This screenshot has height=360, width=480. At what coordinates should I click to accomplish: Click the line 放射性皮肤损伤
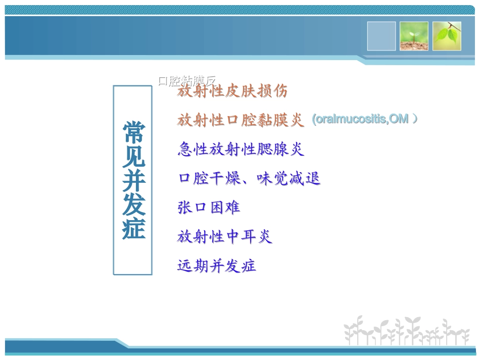click(232, 91)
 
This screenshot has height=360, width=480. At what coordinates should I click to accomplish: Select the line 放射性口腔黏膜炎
click(241, 120)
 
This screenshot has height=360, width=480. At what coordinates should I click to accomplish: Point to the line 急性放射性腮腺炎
click(241, 149)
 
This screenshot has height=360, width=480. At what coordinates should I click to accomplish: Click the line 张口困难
click(208, 208)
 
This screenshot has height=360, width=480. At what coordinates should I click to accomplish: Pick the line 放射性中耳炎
click(224, 236)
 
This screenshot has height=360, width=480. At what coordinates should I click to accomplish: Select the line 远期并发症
click(216, 266)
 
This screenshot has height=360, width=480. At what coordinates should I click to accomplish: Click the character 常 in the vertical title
click(133, 132)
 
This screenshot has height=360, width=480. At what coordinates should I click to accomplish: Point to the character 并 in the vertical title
click(133, 180)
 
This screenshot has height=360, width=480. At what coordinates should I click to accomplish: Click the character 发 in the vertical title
click(133, 204)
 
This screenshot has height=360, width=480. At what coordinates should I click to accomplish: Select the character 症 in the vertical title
click(133, 228)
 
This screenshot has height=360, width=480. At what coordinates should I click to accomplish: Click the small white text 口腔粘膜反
click(186, 80)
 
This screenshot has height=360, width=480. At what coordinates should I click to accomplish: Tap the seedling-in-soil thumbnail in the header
click(414, 36)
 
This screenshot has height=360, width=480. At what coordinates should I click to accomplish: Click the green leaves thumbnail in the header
click(447, 36)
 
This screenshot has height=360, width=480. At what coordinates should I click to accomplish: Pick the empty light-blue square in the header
click(381, 36)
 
